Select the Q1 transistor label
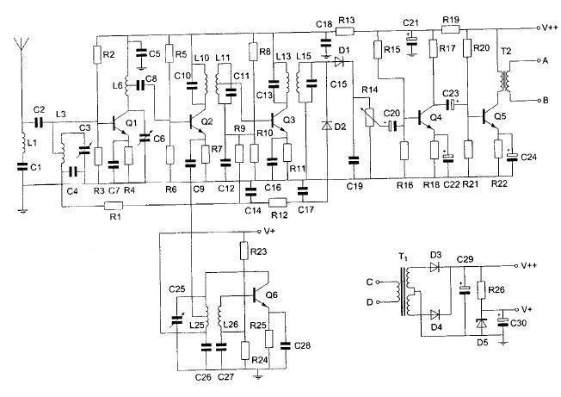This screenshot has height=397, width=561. [x=132, y=123]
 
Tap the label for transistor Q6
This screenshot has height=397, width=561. [x=272, y=295]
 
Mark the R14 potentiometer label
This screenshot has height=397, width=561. [x=370, y=90]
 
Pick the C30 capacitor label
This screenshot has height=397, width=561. [x=518, y=323]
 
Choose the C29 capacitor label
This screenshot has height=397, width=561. [x=465, y=259]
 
